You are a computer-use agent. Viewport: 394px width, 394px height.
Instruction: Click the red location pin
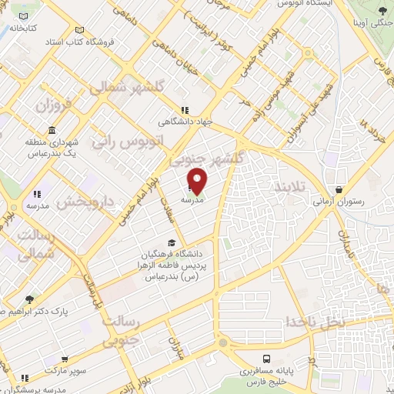(x=198, y=179)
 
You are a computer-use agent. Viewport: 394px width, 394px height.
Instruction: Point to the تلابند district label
(x=290, y=188)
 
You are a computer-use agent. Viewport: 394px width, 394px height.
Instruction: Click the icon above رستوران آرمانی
(x=339, y=189)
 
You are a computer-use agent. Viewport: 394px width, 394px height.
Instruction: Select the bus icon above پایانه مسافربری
(x=266, y=359)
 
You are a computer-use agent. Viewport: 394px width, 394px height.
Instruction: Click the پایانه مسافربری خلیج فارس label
(x=266, y=376)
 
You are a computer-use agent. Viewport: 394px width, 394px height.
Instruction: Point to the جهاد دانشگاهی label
(x=184, y=122)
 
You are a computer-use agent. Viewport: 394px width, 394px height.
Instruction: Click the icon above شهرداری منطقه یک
(x=51, y=129)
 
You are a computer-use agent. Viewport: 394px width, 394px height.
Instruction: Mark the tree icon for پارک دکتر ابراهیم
(x=29, y=299)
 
